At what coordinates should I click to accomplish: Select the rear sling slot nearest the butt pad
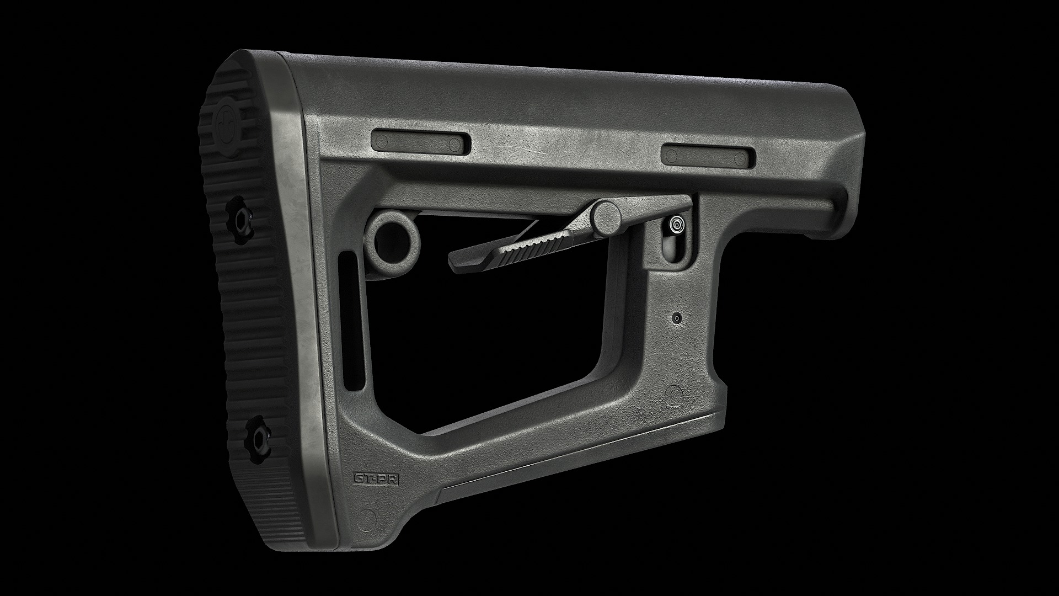pos(422,142)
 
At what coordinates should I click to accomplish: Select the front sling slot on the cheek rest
pos(709,155)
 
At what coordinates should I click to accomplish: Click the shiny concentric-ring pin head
pos(677,224)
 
